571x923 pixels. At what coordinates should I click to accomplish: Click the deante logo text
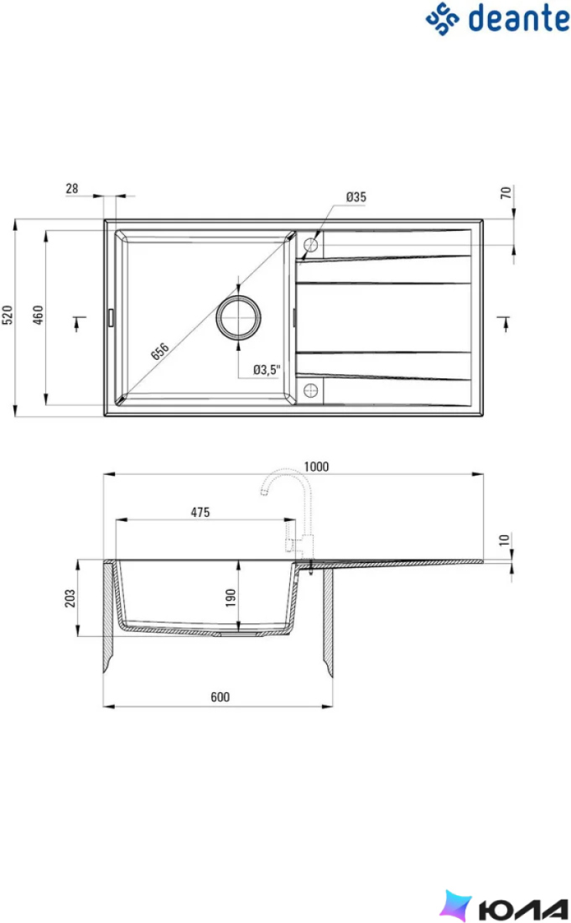[519, 18]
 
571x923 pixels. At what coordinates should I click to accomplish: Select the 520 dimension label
[7, 315]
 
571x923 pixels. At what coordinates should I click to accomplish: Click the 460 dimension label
[38, 315]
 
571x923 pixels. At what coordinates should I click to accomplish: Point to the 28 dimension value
[72, 188]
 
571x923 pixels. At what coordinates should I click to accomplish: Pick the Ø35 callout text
[356, 196]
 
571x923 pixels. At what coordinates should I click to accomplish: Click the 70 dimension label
[506, 192]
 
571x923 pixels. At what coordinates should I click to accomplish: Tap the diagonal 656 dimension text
[160, 351]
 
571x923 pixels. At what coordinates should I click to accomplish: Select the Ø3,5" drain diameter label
[267, 370]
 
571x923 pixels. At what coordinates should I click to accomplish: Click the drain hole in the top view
[238, 317]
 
